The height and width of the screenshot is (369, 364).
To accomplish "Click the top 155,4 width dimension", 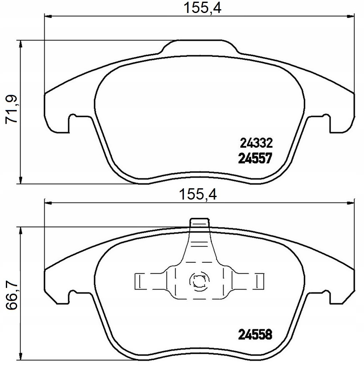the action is tap(202, 8).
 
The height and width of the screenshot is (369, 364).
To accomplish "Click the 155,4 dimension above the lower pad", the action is tap(198, 195).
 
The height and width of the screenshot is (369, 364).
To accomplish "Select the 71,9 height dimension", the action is tap(11, 109).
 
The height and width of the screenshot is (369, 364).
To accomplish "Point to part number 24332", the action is tap(256, 143).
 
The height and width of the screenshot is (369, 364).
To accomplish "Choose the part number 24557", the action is tap(255, 158).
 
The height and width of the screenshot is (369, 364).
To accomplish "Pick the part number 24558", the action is tap(255, 334).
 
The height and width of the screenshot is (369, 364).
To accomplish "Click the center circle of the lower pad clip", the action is tap(199, 280).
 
